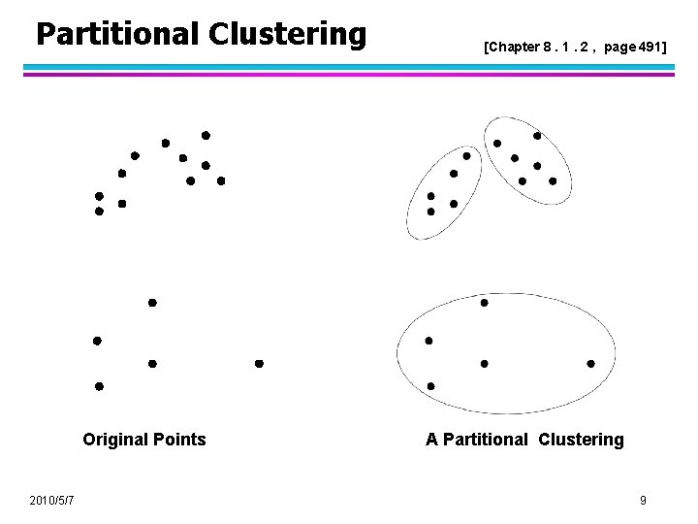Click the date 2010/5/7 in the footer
click(x=54, y=500)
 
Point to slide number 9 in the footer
click(x=643, y=500)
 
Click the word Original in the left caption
click(x=115, y=440)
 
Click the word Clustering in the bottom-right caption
click(x=579, y=440)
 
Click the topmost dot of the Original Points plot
click(x=206, y=135)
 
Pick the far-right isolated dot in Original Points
click(x=259, y=364)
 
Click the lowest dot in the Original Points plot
click(x=99, y=386)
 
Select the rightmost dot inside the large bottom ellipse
click(x=591, y=364)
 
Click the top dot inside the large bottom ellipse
click(x=485, y=303)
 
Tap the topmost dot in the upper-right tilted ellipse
click(x=537, y=136)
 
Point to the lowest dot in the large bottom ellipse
click(x=430, y=386)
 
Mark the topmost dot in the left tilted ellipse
click(x=466, y=155)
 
